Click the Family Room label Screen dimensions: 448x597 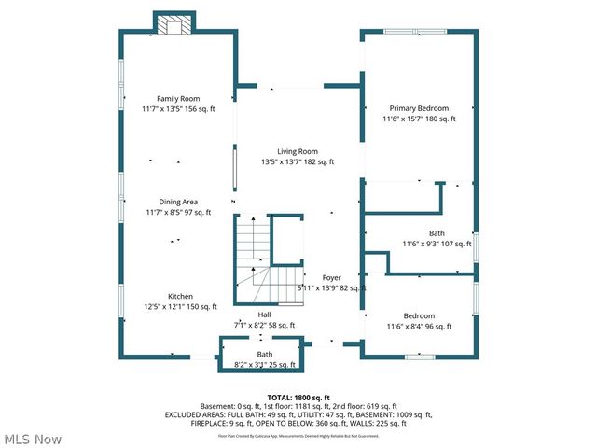177,98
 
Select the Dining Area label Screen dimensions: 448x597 177,202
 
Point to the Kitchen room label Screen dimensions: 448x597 180,296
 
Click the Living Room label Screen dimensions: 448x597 298,151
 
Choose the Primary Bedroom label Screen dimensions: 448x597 419,108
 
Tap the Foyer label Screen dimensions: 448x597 332,278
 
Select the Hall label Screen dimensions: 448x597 264,315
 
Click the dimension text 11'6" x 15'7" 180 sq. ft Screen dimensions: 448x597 419,119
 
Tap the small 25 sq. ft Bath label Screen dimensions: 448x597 265,365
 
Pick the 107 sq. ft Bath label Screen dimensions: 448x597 437,244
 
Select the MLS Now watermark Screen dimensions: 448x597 32,438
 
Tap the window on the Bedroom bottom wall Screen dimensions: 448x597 420,356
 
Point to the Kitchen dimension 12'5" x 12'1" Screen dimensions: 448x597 180,306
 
